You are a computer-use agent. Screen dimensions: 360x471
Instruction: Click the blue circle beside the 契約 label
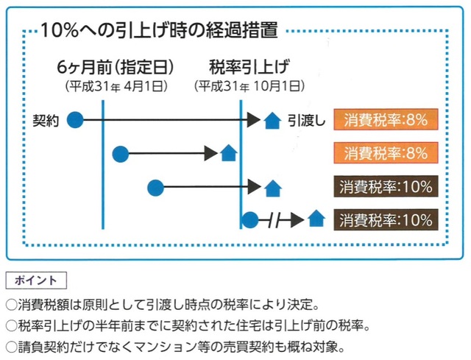pyautogui.click(x=75, y=119)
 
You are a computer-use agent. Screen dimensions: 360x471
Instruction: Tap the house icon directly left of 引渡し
pyautogui.click(x=272, y=119)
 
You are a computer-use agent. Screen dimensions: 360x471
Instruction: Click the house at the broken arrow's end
pyautogui.click(x=316, y=219)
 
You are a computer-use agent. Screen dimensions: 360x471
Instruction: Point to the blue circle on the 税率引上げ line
pyautogui.click(x=249, y=219)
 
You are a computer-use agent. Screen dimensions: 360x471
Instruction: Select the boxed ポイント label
pyautogui.click(x=35, y=280)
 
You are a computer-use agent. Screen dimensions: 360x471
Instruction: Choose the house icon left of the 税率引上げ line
pyautogui.click(x=229, y=154)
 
